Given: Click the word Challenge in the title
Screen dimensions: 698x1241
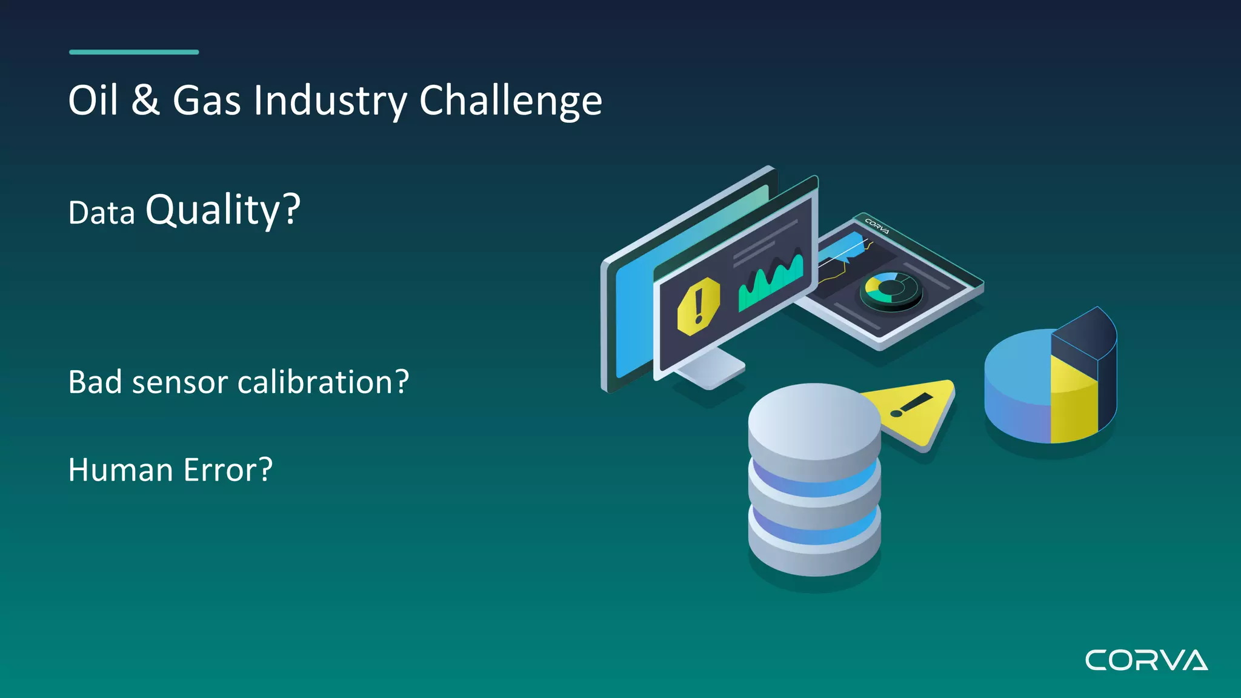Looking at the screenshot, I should pyautogui.click(x=510, y=101).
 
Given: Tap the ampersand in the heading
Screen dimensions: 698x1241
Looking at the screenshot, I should pyautogui.click(x=145, y=100).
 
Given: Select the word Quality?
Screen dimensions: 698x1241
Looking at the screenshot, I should pyautogui.click(x=223, y=210).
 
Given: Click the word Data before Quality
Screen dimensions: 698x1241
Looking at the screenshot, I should pyautogui.click(x=101, y=213).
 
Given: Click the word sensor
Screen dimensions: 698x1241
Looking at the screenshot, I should pyautogui.click(x=180, y=383).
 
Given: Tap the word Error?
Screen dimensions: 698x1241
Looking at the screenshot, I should pyautogui.click(x=228, y=470).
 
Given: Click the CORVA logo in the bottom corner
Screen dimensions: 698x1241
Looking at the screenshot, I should pyautogui.click(x=1146, y=660).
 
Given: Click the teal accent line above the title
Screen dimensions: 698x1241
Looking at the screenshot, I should pyautogui.click(x=134, y=52).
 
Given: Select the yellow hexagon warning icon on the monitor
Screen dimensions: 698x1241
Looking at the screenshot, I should pyautogui.click(x=699, y=307).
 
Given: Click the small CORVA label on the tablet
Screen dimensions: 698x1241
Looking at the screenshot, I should pyautogui.click(x=877, y=226).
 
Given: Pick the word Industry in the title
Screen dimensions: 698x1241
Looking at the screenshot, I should pyautogui.click(x=330, y=101).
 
